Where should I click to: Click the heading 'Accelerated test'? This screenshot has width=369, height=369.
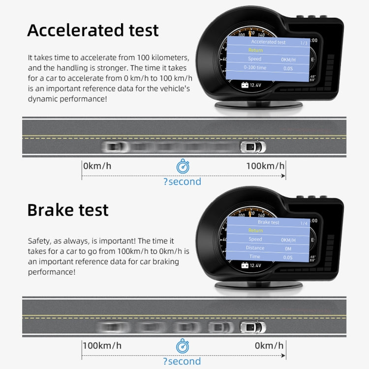coord(93,30)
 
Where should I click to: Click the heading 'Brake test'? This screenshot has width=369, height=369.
coord(68,210)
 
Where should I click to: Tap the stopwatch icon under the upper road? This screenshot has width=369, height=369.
coord(183,166)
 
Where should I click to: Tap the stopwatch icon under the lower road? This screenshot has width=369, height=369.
coord(183,346)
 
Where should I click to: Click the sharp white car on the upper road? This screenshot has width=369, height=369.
coord(252,147)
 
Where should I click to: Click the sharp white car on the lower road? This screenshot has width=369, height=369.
coord(252,327)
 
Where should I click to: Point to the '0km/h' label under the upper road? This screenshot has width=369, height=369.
coord(97,166)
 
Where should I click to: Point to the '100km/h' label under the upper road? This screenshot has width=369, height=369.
coord(265,166)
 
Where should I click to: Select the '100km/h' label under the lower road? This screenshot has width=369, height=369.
coord(102,345)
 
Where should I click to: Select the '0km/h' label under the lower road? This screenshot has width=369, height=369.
coord(269,345)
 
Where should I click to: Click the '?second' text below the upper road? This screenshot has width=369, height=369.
coord(182,182)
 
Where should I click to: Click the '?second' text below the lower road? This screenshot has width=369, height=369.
coord(182,361)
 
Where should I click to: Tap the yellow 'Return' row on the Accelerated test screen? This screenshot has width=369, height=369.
coord(255,50)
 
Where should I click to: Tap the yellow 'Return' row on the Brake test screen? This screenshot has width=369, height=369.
coord(255,230)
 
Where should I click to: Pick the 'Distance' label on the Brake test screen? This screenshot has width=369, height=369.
coord(255,248)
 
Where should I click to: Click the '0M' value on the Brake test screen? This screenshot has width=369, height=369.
coord(288,248)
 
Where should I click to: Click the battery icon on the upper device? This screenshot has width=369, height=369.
coord(244,85)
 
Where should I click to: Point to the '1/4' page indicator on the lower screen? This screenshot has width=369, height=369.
coord(304,223)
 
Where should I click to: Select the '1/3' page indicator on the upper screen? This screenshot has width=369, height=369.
coord(304,43)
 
